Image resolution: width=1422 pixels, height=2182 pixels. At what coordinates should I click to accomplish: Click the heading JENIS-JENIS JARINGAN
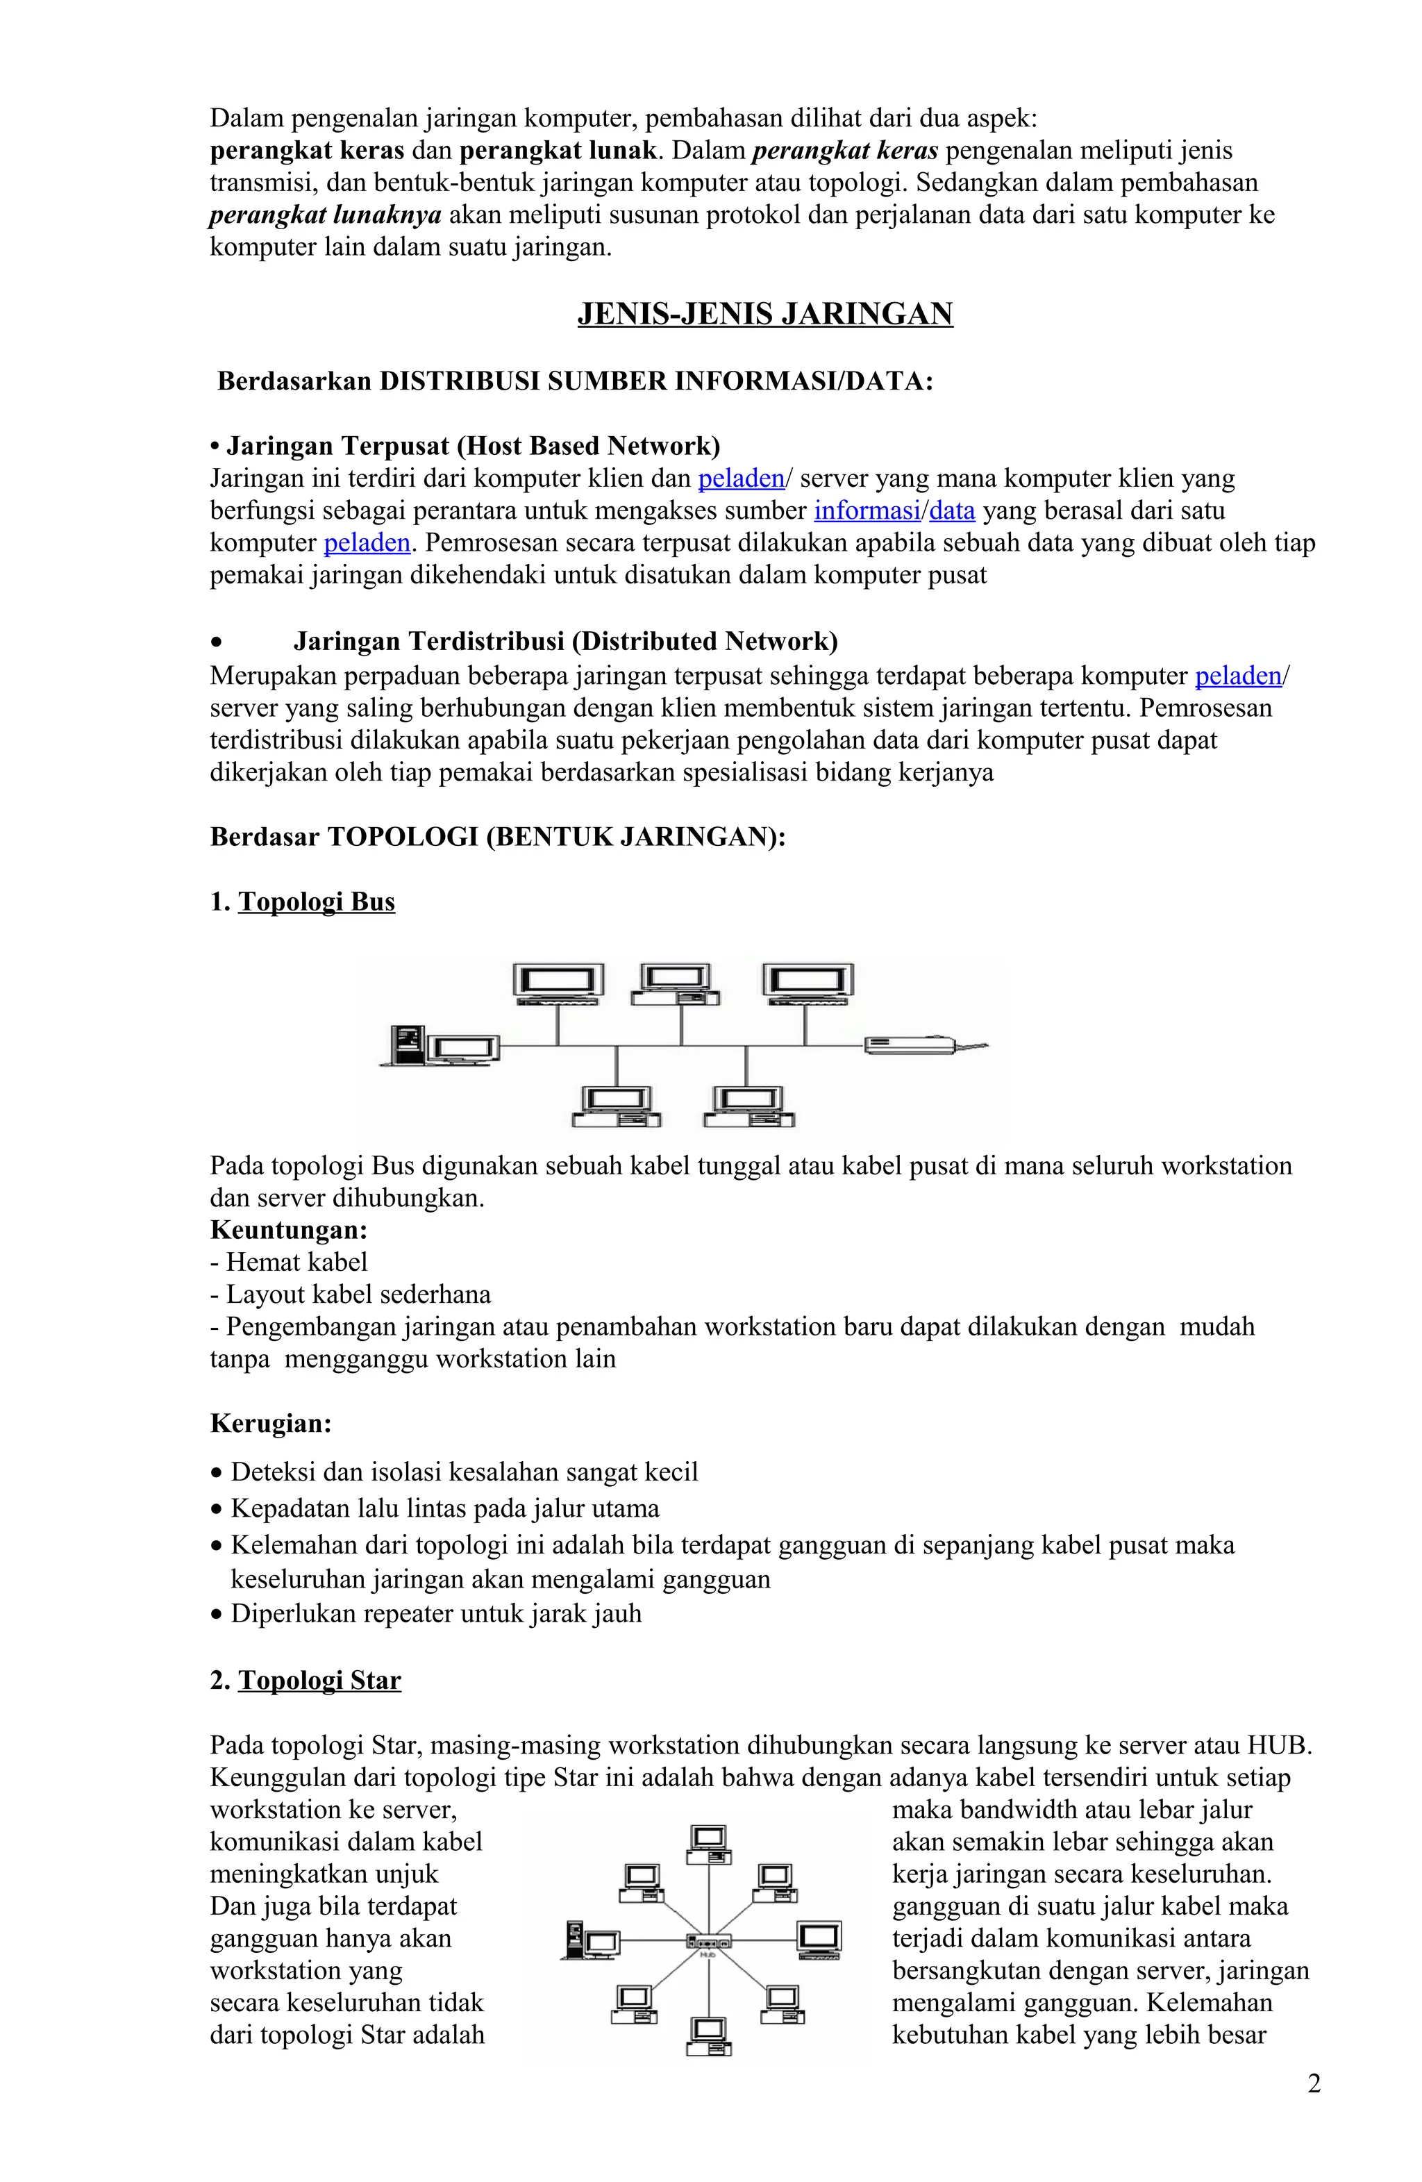click(x=764, y=315)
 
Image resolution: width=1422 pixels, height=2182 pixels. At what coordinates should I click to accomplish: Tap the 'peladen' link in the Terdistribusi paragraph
click(x=1237, y=676)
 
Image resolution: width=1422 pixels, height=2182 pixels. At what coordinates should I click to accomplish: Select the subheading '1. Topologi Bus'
click(x=303, y=902)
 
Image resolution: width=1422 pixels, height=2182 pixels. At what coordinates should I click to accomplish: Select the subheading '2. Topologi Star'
click(x=306, y=1681)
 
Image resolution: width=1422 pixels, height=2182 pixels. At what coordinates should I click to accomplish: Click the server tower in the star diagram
click(x=575, y=1938)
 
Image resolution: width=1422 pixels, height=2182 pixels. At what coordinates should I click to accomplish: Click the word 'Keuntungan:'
click(x=288, y=1231)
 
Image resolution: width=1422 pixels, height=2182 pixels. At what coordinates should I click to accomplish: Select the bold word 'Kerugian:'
click(x=271, y=1424)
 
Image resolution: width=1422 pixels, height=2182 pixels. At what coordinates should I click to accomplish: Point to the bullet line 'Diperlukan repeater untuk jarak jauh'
click(x=435, y=1613)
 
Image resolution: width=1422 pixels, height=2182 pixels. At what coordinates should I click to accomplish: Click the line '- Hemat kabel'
click(x=288, y=1263)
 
